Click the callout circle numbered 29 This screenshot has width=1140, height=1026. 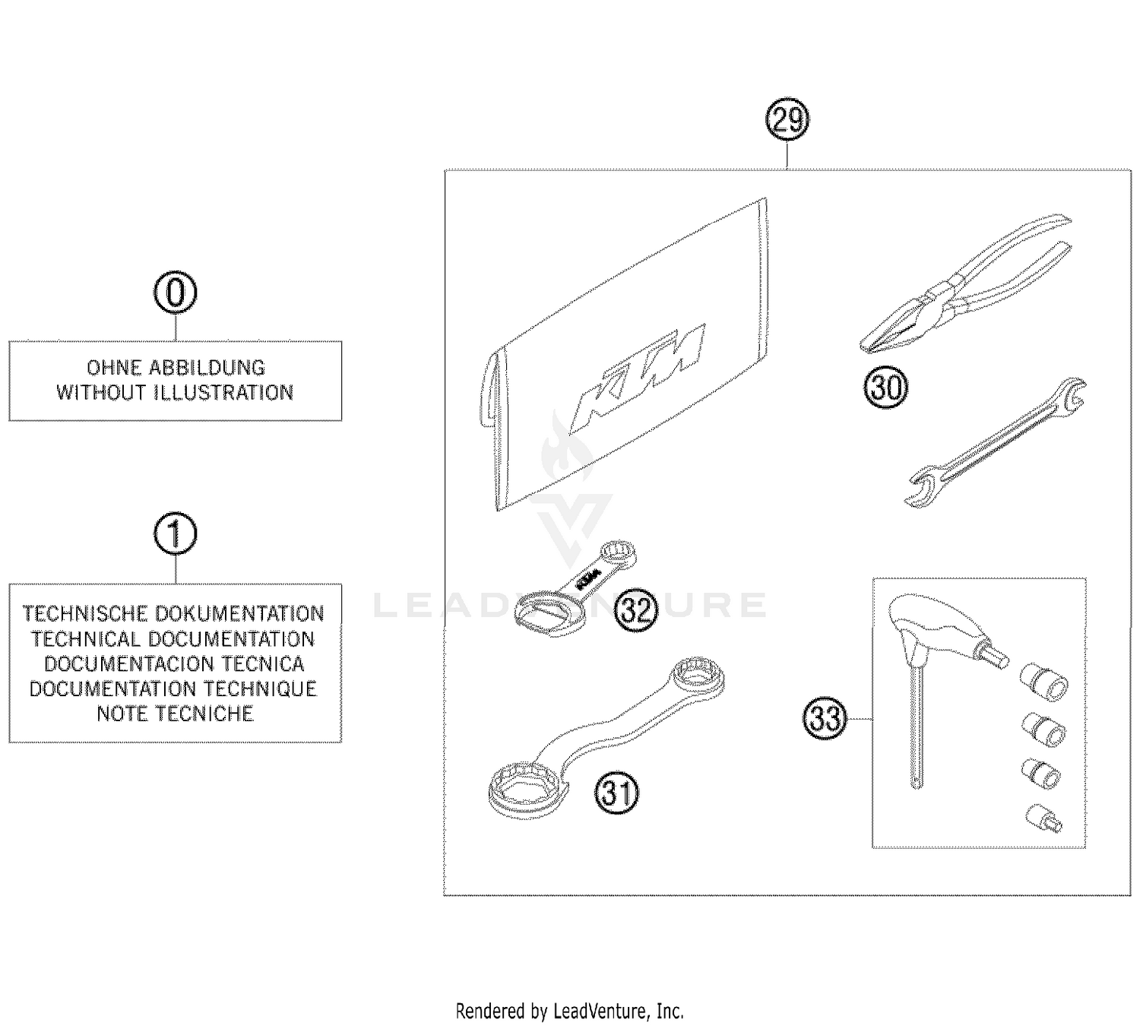coord(787,120)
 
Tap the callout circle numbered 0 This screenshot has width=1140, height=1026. coord(176,293)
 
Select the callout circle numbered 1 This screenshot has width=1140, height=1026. coord(176,534)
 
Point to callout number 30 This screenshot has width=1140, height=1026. coord(886,388)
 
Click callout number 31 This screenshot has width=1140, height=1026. coord(616,793)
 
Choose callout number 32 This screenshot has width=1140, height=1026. coord(635,610)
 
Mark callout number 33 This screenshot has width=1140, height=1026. coord(825,718)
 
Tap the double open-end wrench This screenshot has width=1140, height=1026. coord(996,441)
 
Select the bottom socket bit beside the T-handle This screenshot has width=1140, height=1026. coord(1043,819)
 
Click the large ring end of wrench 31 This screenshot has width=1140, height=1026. coord(524,790)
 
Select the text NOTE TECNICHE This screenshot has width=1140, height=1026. coord(175,714)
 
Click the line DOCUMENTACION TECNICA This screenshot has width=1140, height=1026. coord(175,663)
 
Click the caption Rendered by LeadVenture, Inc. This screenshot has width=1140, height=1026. coord(569,1012)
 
